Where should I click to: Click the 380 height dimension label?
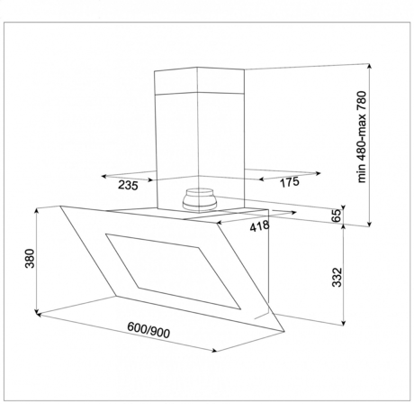point(31,258)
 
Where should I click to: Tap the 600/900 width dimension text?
point(148,330)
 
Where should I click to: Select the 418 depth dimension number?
point(259,226)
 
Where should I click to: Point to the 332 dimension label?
point(337,277)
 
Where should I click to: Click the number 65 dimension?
point(337,216)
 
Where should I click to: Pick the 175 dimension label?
point(290,182)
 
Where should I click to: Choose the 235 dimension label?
point(128,185)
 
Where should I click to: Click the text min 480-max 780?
point(362,137)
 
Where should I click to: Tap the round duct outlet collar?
point(200,199)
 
